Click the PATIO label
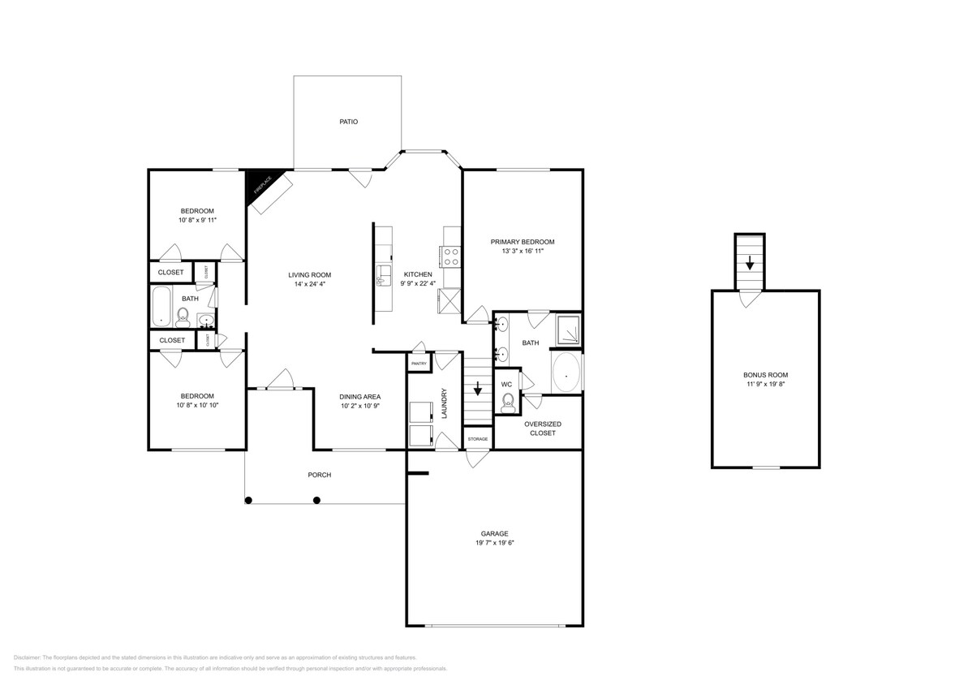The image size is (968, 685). tap(348, 122)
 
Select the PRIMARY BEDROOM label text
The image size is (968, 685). tap(522, 242)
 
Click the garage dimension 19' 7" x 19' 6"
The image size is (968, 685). tap(494, 543)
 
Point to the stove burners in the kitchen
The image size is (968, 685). tap(451, 257)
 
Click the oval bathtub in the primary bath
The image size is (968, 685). tap(566, 373)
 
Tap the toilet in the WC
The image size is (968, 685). tap(509, 401)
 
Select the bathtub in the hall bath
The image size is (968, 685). tap(161, 305)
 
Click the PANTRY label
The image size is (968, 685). tap(419, 364)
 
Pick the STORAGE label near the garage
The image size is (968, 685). tap(477, 439)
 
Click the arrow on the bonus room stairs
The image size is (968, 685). tap(750, 262)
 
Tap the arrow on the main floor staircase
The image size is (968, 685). tap(478, 388)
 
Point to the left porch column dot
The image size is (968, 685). tap(249, 500)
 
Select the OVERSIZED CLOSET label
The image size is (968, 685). tap(542, 429)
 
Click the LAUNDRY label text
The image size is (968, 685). tap(445, 403)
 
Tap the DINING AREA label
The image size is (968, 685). tap(359, 396)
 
